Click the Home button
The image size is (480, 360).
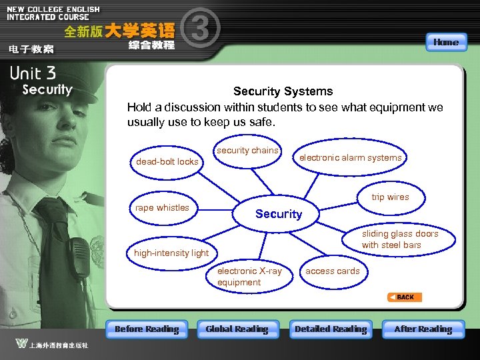[x=445, y=42]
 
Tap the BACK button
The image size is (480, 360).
[x=405, y=297]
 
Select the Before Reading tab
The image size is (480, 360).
[x=147, y=329]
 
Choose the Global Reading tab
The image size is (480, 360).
[x=237, y=329]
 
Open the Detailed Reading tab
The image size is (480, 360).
[x=331, y=329]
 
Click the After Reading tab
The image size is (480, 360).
[x=423, y=329]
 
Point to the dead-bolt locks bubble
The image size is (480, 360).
[x=167, y=161]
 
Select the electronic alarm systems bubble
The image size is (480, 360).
[x=350, y=158]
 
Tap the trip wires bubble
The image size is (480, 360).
[x=390, y=197]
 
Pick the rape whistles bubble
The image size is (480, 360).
[x=162, y=208]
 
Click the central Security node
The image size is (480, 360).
[x=279, y=214]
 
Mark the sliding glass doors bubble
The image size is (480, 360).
[x=400, y=239]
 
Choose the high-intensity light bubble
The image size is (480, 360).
[x=171, y=253]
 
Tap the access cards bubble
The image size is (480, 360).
[x=332, y=271]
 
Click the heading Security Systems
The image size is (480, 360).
[x=283, y=91]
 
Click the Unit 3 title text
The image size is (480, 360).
[x=33, y=74]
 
